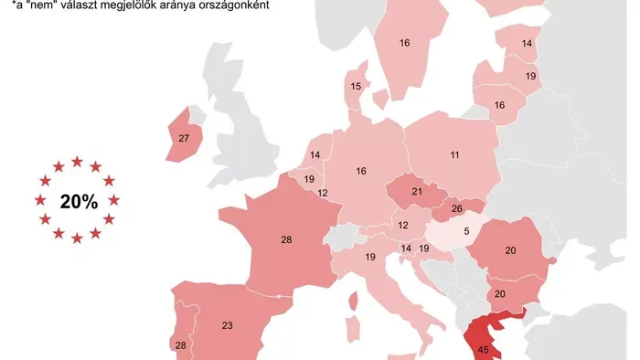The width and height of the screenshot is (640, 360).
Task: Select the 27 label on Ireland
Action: pos(183,139)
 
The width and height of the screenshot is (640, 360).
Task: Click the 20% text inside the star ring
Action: pos(79,202)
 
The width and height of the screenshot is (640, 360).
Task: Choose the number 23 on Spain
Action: pos(228,324)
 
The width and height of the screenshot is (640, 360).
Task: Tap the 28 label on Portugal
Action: pos(179,344)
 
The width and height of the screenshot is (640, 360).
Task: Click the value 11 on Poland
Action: pos(454,155)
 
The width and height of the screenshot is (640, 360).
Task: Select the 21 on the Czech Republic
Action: pos(416,192)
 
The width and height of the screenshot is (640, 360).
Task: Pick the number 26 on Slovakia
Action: pos(456,209)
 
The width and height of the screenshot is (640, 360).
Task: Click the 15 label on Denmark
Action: pos(356,87)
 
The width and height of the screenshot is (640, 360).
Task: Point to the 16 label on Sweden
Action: pos(404,42)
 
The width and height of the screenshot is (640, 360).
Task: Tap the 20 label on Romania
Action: pos(510,251)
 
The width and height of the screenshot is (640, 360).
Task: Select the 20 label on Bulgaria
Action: pos(499,293)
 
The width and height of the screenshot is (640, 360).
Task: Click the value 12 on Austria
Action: pos(401,225)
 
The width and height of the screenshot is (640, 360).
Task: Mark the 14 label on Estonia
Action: pos(527,43)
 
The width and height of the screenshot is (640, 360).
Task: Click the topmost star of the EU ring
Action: pos(78,162)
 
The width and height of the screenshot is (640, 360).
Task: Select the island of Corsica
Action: pos(354,300)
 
